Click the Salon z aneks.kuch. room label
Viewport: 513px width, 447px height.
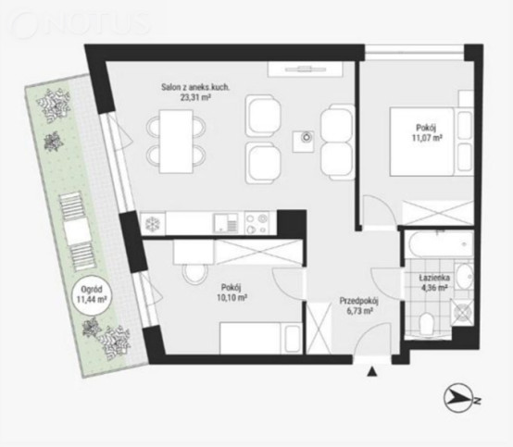coord(195,87)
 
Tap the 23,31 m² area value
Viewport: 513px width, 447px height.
coord(195,97)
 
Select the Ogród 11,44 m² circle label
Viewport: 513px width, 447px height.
coord(92,294)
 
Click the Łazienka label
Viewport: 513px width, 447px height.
coord(434,278)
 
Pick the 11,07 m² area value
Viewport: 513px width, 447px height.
coord(427,138)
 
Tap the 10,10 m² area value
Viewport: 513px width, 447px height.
coord(231,298)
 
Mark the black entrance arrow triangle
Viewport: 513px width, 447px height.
coord(371,372)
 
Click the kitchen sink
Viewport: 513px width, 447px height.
coord(225,223)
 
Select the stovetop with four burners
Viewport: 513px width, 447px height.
coord(256,223)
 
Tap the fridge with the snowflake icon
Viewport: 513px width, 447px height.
coord(153,224)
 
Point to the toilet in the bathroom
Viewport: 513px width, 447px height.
coord(427,322)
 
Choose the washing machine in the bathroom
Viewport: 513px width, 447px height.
coord(462,312)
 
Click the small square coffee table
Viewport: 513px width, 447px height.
coord(304,142)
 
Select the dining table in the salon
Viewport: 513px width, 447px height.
coord(176,142)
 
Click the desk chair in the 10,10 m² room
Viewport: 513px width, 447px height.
coord(195,272)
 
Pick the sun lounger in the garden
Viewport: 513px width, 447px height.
coord(77,232)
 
